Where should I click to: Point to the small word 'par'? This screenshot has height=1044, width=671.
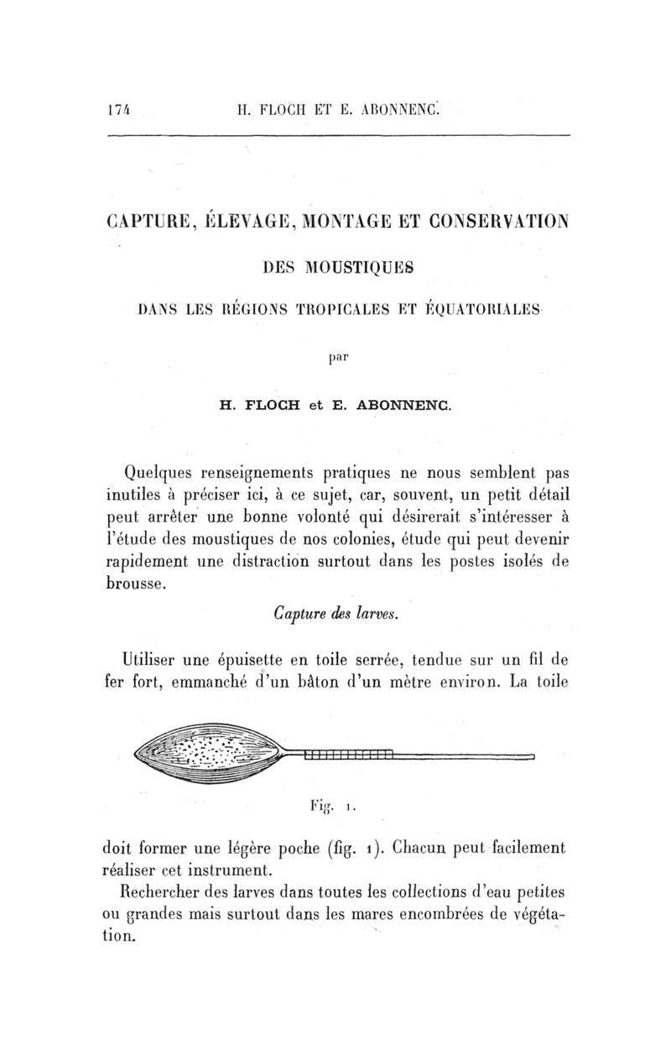[336, 356]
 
